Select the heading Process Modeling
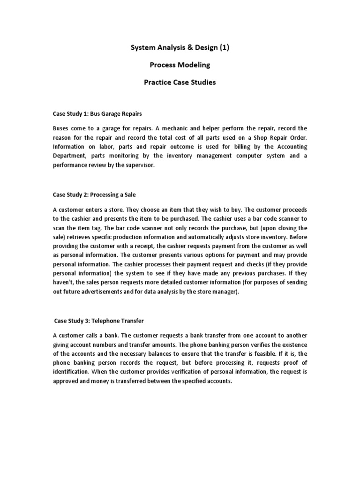pos(180,65)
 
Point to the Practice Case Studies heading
pos(180,82)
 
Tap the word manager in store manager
pos(225,292)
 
